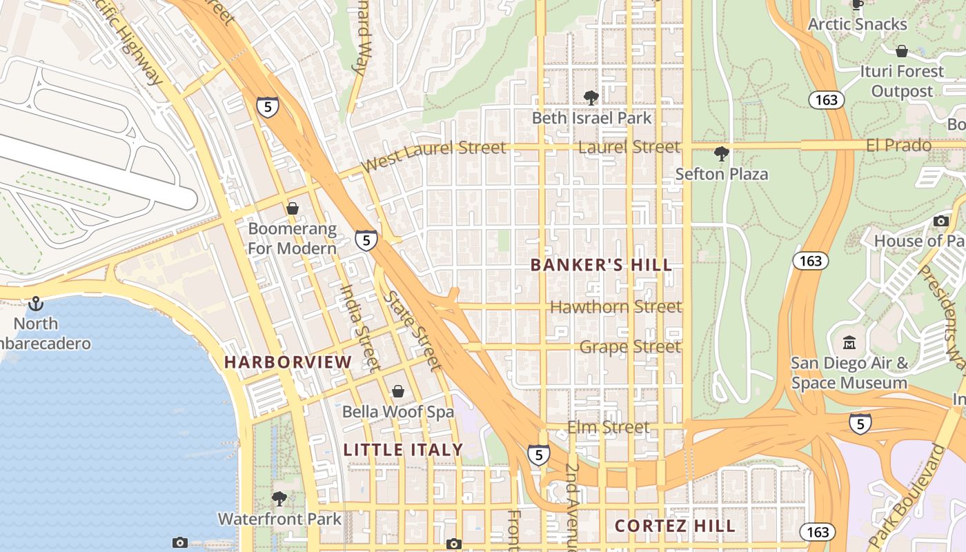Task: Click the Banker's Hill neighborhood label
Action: (x=601, y=265)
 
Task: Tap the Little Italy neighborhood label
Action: (x=404, y=450)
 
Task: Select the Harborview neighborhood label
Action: (x=288, y=362)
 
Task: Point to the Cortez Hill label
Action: (x=675, y=526)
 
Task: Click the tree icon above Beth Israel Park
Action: (x=591, y=97)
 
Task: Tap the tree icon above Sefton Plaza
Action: (x=722, y=153)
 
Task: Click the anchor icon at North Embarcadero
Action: (x=35, y=304)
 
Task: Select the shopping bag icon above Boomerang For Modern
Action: (x=293, y=208)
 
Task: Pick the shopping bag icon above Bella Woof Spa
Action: (x=398, y=392)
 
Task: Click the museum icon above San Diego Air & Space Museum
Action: (x=849, y=342)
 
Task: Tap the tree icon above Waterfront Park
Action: (x=279, y=498)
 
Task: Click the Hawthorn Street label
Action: (x=615, y=306)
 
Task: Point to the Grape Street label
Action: (x=630, y=346)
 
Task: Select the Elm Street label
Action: (x=608, y=428)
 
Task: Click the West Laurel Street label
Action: (x=433, y=156)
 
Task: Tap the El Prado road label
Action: (x=898, y=146)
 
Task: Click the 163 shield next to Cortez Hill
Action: (x=817, y=532)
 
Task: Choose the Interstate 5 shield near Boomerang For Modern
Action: (x=366, y=240)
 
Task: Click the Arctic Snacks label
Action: (x=857, y=25)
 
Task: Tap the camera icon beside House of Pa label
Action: (x=940, y=221)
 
